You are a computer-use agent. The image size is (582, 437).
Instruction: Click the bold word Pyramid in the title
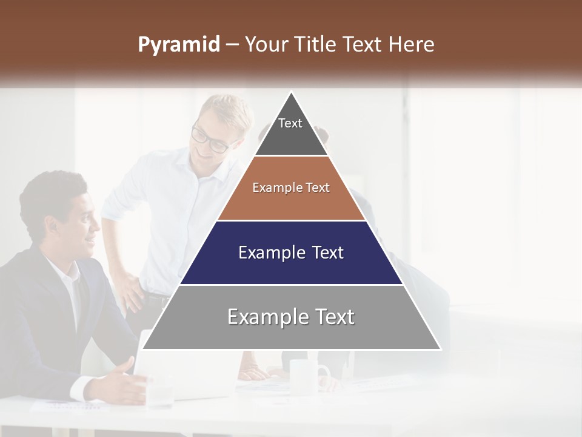178,45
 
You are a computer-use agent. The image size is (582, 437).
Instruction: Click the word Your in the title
266,45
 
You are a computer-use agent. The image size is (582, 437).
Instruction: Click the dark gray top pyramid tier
291,137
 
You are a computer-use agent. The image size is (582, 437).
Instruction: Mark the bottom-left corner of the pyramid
143,349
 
